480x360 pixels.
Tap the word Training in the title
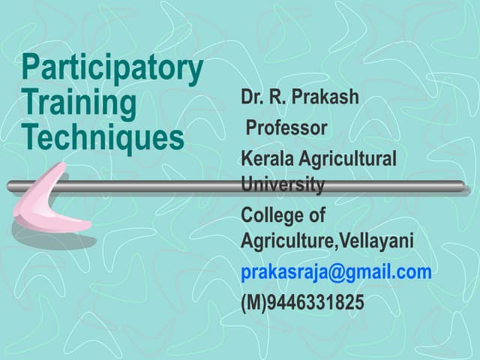(x=79, y=104)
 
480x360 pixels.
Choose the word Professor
(x=286, y=128)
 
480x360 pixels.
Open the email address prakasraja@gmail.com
(x=336, y=272)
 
